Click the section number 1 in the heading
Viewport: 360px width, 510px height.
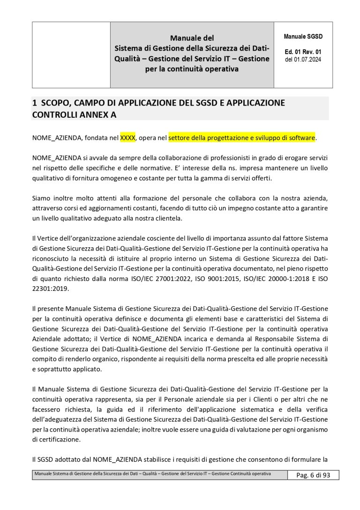[x=34, y=102]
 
